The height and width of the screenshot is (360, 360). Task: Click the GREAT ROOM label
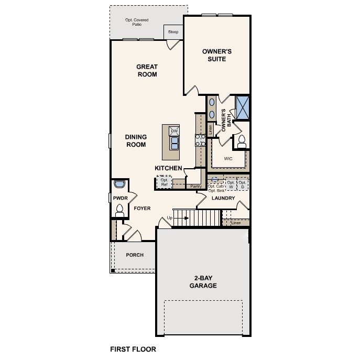147,70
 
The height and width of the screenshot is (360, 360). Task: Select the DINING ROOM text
135,140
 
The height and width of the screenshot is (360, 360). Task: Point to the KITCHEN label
168,168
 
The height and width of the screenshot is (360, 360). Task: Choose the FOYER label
142,208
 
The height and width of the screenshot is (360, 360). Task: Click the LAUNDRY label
222,199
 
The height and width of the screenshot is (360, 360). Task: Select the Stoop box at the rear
173,32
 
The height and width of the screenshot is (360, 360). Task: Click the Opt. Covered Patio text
136,22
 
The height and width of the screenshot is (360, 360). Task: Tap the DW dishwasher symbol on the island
174,131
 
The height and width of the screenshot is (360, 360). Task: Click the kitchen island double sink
174,143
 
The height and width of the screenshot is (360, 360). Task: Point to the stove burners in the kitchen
200,139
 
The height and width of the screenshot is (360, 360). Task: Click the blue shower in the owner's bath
243,107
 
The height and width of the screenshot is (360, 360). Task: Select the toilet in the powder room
119,211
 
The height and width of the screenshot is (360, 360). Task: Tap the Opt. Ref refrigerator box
164,182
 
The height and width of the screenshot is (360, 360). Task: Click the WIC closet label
228,158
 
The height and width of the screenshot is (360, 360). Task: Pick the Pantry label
196,186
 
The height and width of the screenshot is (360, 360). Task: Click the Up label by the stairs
169,217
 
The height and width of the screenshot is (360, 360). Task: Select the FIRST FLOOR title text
133,348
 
